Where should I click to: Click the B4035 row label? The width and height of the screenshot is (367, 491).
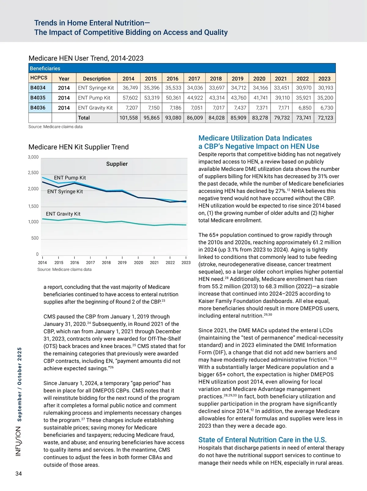pos(38,98)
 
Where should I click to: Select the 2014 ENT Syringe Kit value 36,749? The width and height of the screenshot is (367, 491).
pos(130,88)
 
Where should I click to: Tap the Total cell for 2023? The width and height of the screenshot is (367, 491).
pos(325,118)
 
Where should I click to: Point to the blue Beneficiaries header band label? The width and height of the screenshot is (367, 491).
pos(45,68)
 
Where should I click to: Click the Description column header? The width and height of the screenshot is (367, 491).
pos(97,79)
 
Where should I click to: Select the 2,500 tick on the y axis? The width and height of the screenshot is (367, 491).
pos(33,173)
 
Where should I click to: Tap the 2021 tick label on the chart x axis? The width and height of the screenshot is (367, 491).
pos(154,263)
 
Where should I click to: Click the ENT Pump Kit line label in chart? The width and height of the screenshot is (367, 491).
pos(70,178)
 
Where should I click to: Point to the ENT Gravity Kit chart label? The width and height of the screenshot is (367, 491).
pos(63,214)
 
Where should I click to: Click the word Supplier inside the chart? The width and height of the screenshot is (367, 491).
pos(117,164)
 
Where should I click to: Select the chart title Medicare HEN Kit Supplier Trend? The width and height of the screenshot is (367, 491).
pos(79,147)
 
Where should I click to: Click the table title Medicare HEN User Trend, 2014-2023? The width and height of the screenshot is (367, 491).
pos(86,58)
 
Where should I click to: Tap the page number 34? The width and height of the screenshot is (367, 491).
pos(19,474)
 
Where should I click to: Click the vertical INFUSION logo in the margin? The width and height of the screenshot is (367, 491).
pos(19,442)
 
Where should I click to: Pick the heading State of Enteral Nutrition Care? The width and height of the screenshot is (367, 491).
pos(262,440)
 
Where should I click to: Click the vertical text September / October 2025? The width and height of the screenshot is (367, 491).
pos(19,384)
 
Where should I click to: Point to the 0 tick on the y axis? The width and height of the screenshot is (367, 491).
pos(37,254)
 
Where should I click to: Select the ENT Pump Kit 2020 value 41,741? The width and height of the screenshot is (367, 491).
pos(260,98)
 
